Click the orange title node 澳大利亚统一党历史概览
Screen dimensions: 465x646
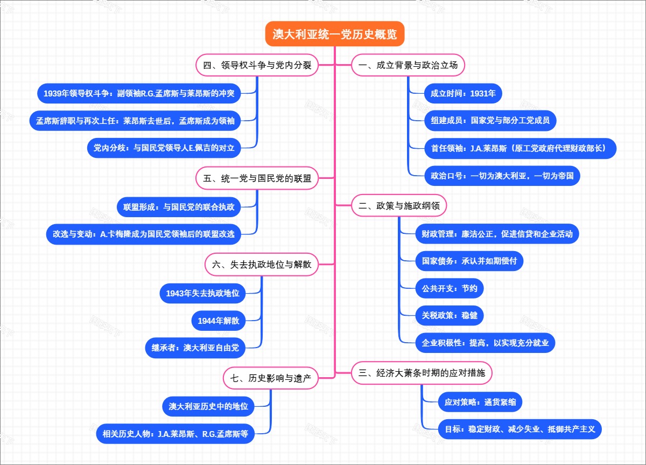(x=334, y=34)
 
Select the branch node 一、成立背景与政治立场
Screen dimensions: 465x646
(x=408, y=65)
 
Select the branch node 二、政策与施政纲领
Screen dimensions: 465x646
(x=399, y=205)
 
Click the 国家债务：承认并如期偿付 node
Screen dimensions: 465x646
(x=469, y=261)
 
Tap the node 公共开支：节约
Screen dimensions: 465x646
(x=449, y=288)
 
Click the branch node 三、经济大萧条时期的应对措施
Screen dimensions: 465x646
(x=422, y=372)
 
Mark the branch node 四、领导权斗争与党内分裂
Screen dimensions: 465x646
(x=257, y=65)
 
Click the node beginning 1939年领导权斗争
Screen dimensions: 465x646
(x=139, y=93)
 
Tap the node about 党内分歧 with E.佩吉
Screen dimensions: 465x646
(x=164, y=148)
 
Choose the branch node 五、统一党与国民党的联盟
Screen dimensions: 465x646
(x=257, y=178)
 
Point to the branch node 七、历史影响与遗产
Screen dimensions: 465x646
(x=271, y=378)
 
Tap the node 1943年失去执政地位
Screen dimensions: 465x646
(x=202, y=293)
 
